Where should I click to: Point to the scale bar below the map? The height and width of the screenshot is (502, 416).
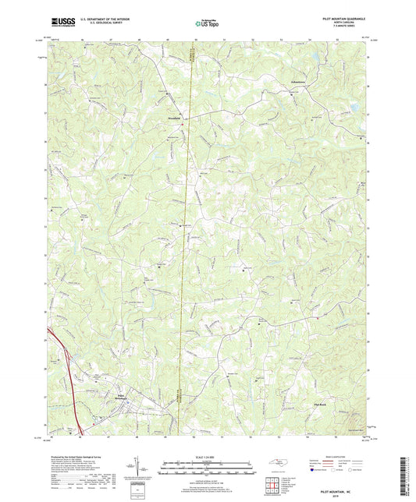[x=208, y=465]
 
